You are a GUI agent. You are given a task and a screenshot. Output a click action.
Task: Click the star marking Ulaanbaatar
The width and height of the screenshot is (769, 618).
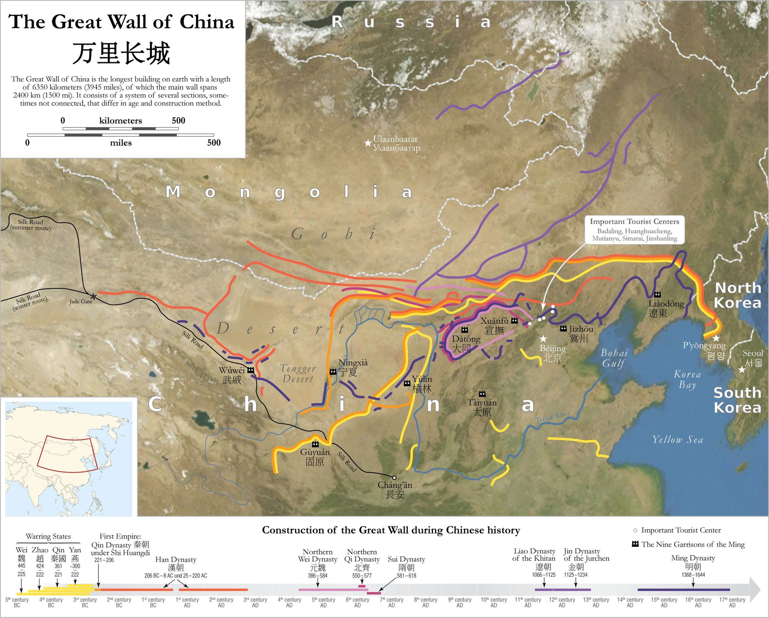coord(368,143)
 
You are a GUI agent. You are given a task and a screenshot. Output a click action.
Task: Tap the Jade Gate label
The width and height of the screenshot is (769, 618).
coord(81,301)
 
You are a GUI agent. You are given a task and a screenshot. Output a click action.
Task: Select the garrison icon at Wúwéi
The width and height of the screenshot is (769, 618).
coord(251,370)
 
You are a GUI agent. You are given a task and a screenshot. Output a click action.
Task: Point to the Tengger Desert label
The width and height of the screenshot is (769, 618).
coord(298,374)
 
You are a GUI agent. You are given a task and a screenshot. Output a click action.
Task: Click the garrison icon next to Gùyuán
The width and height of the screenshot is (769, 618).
coord(315,444)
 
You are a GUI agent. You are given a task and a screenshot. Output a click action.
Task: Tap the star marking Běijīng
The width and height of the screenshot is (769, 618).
coord(543,338)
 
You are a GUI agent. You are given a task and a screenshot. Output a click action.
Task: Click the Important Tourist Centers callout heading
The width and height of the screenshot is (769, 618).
coord(634,221)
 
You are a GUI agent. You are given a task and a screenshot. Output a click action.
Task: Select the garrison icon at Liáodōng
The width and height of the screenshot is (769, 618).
coord(657,295)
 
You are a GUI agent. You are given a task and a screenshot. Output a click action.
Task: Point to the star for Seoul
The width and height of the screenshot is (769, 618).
coord(742,370)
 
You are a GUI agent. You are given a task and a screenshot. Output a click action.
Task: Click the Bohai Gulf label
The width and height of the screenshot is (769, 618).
coord(614,358)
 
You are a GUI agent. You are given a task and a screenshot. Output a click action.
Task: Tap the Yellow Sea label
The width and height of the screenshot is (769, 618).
coord(677,440)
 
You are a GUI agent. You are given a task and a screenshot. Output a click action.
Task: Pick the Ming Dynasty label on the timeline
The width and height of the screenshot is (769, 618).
coord(693,558)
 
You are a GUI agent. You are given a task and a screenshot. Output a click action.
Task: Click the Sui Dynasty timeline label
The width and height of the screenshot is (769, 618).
coord(406,559)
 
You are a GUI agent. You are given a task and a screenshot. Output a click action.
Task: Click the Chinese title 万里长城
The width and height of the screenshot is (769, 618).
coord(121,53)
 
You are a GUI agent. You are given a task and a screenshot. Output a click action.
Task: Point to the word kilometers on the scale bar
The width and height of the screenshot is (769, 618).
coord(121,120)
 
